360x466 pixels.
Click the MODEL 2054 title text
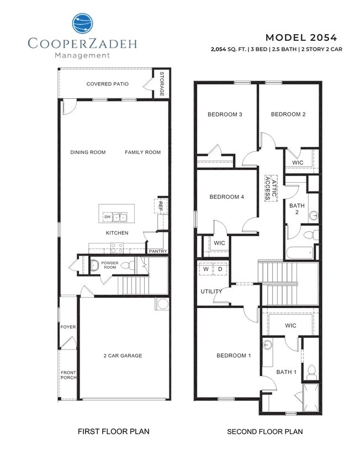coord(301,38)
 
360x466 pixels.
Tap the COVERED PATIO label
coord(108,84)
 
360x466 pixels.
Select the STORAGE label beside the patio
coord(162,84)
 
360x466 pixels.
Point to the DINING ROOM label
coord(88,152)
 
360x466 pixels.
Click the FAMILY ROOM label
coord(142,152)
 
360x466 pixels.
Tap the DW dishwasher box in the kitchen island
coord(108,217)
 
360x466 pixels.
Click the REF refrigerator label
coord(161,205)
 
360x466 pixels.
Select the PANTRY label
coord(157,251)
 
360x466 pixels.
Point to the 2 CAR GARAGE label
coord(123,356)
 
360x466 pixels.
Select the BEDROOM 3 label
coord(225,114)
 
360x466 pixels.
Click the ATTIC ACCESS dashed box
coord(269,188)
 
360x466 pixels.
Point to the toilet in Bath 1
coord(311,372)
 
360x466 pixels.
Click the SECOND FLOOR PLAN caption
coord(264,431)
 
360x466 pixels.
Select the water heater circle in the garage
coord(163,305)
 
